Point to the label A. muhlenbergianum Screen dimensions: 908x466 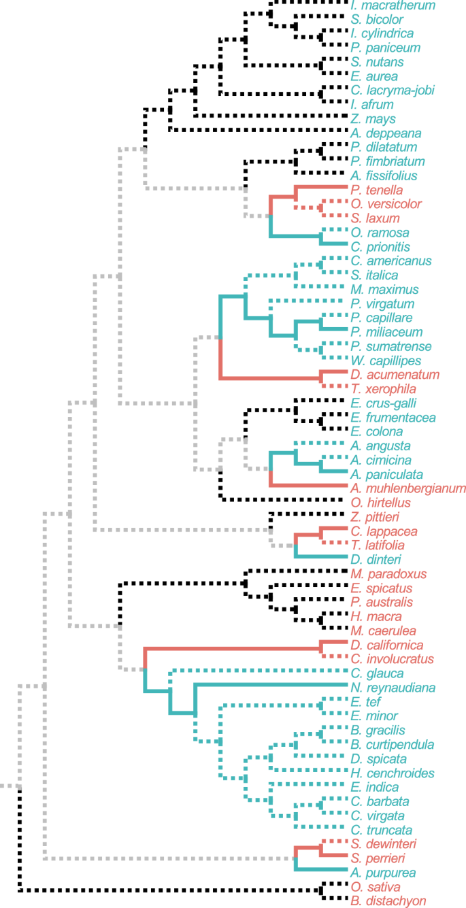pyautogui.click(x=408, y=488)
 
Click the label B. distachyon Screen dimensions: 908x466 pyautogui.click(x=388, y=901)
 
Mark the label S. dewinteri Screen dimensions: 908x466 pyautogui.click(x=383, y=844)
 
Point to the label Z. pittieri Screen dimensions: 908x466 pyautogui.click(x=376, y=516)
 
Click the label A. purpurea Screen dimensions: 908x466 pyautogui.click(x=382, y=872)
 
